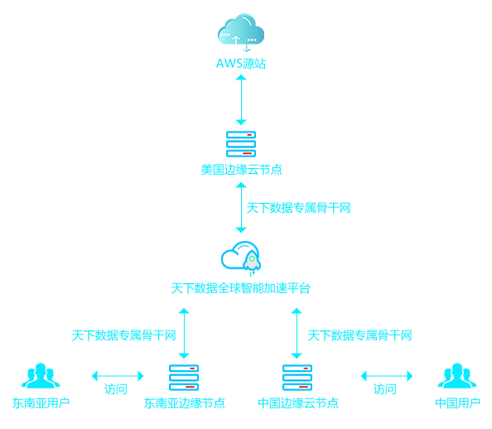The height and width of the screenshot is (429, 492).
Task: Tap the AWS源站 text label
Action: [x=241, y=64]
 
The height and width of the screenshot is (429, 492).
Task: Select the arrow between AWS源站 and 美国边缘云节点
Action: [x=241, y=100]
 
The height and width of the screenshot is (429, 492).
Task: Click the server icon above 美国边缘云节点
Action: [x=241, y=144]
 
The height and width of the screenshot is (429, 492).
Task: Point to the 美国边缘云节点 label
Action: [x=241, y=170]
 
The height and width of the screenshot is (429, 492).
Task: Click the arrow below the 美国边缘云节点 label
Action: [x=241, y=208]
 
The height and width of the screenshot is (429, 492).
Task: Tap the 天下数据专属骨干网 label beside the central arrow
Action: [x=298, y=208]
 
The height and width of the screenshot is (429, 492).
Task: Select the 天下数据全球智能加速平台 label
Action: [x=241, y=288]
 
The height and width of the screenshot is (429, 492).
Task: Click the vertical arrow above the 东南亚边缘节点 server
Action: [x=184, y=333]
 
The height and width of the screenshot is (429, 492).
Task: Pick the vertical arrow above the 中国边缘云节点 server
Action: [x=297, y=333]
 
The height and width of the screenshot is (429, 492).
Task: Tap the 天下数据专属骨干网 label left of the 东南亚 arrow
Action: [x=123, y=335]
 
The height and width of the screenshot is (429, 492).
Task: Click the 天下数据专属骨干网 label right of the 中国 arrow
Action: [x=359, y=335]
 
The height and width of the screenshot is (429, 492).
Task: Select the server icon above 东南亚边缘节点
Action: [x=184, y=378]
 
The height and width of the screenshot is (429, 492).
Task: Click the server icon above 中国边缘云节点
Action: [x=297, y=378]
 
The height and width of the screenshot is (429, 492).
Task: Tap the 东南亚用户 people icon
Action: [x=41, y=376]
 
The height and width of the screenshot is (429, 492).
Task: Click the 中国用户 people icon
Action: [x=457, y=376]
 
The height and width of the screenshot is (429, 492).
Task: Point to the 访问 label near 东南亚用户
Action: [x=115, y=389]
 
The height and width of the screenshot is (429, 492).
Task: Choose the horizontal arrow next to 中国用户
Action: [x=387, y=376]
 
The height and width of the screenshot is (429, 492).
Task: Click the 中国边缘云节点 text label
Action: [x=298, y=403]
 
